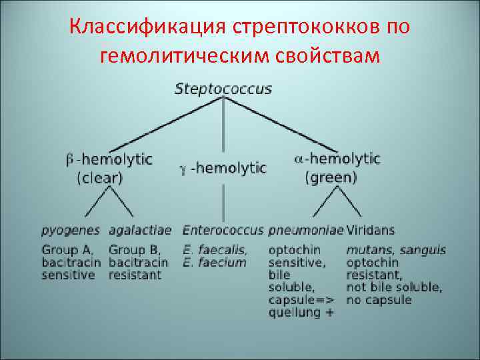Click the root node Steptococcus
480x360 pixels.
[223, 89]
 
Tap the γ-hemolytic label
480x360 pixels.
[223, 169]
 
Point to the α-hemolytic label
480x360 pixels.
[337, 159]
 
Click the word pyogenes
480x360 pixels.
[71, 231]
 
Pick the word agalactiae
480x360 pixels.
[140, 231]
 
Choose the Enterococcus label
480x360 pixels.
[224, 231]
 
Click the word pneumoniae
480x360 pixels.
[306, 231]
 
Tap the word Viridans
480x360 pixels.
[370, 231]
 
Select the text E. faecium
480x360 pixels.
[215, 262]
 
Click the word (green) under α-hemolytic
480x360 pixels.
[331, 178]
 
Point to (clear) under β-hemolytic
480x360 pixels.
[99, 178]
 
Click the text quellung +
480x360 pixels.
[301, 312]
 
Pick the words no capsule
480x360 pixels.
[379, 299]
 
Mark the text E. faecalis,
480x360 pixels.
[215, 250]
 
